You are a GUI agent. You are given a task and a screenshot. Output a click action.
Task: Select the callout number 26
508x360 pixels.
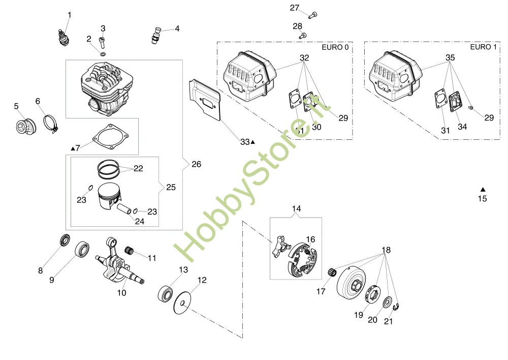pyautogui.click(x=196, y=164)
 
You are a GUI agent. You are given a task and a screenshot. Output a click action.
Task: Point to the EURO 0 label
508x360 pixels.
pyautogui.click(x=335, y=47)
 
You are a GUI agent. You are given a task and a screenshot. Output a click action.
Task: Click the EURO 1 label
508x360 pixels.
pyautogui.click(x=483, y=47)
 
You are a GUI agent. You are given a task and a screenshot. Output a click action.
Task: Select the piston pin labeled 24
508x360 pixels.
pyautogui.click(x=125, y=208)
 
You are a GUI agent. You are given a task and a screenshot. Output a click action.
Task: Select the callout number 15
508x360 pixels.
pyautogui.click(x=482, y=199)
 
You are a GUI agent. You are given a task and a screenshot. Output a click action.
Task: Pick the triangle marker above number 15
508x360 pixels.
pyautogui.click(x=483, y=189)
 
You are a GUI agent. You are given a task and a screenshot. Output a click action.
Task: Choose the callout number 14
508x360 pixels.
pyautogui.click(x=296, y=208)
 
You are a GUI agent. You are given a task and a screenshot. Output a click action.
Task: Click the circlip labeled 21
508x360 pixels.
pyautogui.click(x=399, y=307)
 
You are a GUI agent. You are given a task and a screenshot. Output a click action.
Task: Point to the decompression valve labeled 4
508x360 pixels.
pyautogui.click(x=155, y=34)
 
